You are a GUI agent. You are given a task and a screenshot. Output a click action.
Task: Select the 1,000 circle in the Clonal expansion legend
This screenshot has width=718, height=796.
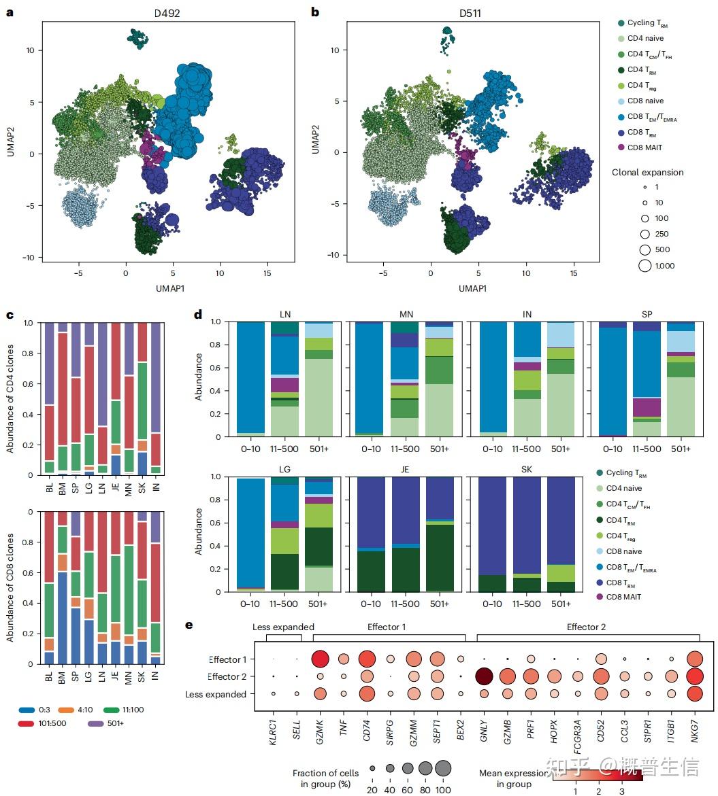click(645, 266)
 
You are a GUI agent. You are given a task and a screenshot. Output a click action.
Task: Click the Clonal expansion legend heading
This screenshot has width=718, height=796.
click(647, 172)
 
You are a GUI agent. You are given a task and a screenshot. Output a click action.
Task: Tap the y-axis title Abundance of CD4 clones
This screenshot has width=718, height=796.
click(10, 398)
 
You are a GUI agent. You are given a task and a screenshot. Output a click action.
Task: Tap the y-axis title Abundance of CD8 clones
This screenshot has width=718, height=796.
click(10, 587)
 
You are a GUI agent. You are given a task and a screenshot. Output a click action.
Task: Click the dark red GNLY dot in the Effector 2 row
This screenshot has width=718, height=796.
click(485, 676)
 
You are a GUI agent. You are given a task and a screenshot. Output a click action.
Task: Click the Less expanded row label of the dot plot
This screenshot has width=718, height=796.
click(216, 694)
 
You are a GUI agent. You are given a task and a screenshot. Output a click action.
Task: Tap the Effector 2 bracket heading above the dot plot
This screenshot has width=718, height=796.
click(586, 627)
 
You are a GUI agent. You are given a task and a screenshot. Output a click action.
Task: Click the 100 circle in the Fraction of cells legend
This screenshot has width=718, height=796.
click(443, 768)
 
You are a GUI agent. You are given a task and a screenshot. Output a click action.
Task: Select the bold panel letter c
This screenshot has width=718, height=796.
click(9, 315)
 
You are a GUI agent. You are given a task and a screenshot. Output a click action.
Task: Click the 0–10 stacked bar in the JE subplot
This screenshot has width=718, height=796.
click(371, 534)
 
